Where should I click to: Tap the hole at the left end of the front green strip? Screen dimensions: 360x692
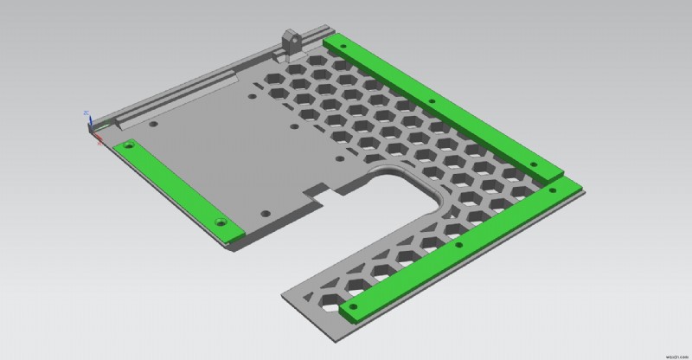[352, 305]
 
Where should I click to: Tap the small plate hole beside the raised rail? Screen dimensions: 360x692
[152, 125]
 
